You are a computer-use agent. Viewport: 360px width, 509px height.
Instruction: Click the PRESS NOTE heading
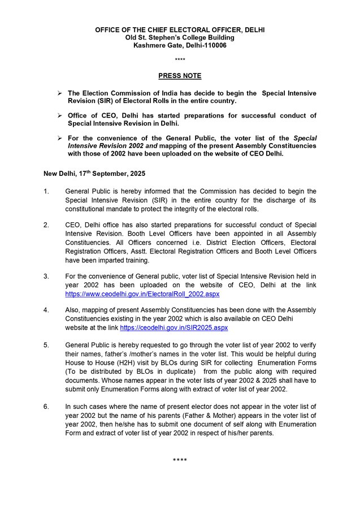[x=180, y=76]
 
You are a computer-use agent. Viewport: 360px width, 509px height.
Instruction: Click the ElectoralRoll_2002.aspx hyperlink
[x=142, y=295]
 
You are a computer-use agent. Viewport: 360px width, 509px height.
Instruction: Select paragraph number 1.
[x=46, y=191]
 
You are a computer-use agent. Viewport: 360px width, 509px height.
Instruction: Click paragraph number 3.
[x=46, y=276]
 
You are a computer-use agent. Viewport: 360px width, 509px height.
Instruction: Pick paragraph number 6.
[x=46, y=406]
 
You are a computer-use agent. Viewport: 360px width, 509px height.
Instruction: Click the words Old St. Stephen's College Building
[x=180, y=37]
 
